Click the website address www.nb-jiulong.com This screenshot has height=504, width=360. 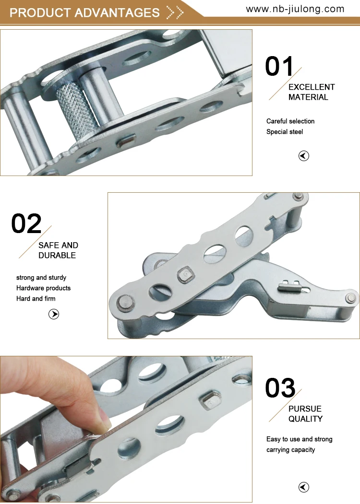click(295, 9)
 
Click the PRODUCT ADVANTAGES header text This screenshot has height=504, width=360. click(84, 12)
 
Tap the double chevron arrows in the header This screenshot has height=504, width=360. click(175, 12)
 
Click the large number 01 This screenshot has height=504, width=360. click(279, 66)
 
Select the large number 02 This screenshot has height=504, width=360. click(26, 224)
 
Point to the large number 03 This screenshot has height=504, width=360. click(280, 388)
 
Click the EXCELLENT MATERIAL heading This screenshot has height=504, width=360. click(311, 92)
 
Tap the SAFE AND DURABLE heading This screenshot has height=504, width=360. click(58, 250)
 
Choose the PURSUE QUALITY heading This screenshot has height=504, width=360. click(305, 414)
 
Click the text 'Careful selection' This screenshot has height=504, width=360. click(290, 121)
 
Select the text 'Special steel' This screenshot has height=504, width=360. click(285, 132)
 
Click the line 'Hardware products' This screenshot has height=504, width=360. click(43, 288)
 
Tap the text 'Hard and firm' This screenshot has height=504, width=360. click(36, 299)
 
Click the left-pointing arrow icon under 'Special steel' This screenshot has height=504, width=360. click(304, 156)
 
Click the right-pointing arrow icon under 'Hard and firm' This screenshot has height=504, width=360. click(54, 315)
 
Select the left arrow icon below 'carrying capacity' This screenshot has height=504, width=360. click(304, 488)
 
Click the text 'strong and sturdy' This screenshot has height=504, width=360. click(41, 278)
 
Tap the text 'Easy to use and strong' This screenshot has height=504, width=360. click(299, 439)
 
